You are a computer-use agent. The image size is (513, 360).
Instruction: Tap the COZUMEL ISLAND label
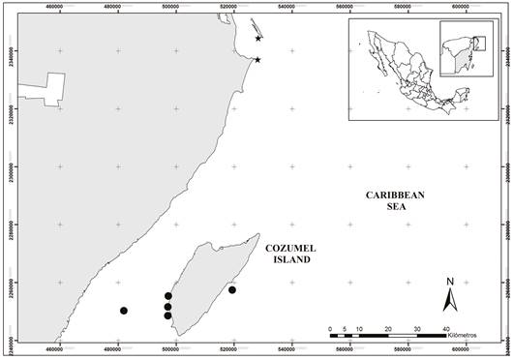click(289, 255)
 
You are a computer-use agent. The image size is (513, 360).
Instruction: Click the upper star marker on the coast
click(258, 39)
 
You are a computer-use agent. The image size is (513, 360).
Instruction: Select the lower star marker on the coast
click(257, 60)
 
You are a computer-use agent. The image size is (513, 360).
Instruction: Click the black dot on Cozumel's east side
click(232, 289)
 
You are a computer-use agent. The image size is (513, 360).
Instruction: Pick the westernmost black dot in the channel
click(124, 311)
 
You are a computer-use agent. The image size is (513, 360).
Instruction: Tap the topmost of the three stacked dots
click(168, 296)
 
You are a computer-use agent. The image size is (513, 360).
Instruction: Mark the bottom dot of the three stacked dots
click(168, 315)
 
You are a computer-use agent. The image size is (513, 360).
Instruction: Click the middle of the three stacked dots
click(168, 307)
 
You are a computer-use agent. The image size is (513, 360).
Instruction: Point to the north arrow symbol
click(450, 300)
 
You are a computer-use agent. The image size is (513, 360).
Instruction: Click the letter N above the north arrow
click(450, 283)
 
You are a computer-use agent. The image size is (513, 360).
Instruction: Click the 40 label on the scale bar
click(446, 329)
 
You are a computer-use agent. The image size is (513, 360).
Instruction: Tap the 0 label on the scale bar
click(330, 329)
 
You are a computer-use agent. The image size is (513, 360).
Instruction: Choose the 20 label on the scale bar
click(388, 329)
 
